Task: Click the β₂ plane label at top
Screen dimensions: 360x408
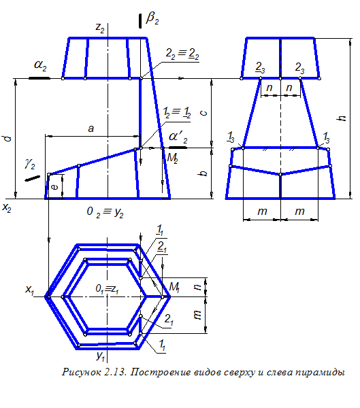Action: click(152, 18)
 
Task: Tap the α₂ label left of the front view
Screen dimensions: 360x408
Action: click(40, 65)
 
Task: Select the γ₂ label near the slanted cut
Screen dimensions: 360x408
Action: click(30, 164)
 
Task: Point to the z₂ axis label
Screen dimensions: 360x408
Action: click(100, 28)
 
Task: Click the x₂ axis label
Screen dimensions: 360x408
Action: click(7, 207)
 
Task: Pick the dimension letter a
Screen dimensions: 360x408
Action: click(91, 129)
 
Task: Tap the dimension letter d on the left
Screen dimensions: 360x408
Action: click(8, 138)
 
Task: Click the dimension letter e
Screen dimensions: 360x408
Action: click(55, 186)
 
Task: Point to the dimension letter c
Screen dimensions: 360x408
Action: click(204, 113)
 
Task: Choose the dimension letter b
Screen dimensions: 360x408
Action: click(204, 173)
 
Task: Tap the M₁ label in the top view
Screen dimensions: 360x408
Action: click(174, 288)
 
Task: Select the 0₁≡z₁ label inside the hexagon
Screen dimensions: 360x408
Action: click(107, 289)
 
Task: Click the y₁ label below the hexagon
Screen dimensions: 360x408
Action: click(100, 356)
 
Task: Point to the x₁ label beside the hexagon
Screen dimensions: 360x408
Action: click(29, 290)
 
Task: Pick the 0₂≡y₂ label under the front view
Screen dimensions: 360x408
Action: click(105, 213)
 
